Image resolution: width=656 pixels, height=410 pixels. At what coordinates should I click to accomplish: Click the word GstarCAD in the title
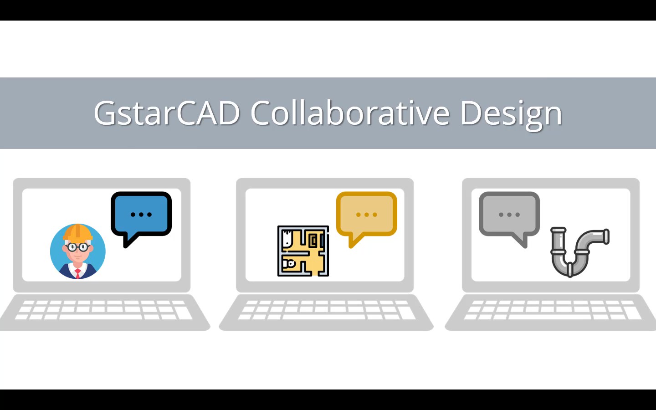point(167,113)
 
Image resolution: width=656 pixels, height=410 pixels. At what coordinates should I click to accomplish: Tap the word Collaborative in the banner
point(350,113)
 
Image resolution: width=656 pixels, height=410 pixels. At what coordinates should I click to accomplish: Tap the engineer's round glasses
point(77,247)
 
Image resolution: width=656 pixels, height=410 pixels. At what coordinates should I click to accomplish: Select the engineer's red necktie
point(77,273)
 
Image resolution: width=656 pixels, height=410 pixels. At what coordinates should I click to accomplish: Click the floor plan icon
point(303,251)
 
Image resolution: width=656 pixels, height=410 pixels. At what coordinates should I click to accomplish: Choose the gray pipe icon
point(580,252)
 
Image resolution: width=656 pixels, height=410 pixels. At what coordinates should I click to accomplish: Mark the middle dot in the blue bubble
point(141,215)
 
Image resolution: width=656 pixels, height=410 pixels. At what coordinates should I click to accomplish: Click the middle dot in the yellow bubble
point(367,215)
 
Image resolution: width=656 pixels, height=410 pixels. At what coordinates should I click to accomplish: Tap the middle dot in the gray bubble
point(509,215)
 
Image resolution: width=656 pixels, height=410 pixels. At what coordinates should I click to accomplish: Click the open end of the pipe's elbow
point(606,236)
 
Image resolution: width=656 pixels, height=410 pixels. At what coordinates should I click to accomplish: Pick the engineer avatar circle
point(77,251)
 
